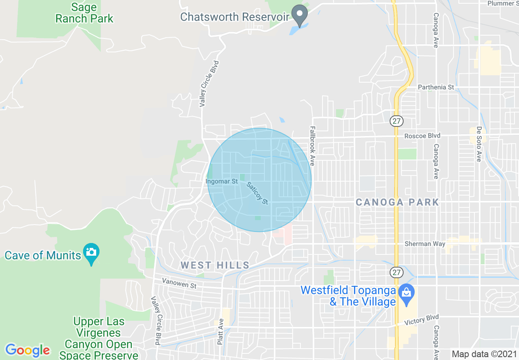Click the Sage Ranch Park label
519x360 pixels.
click(84, 13)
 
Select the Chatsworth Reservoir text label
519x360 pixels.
click(235, 17)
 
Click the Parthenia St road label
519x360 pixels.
click(436, 87)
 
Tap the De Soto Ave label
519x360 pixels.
click(479, 144)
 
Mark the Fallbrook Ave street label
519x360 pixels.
click(313, 145)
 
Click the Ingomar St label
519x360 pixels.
click(221, 181)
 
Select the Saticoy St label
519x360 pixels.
click(257, 193)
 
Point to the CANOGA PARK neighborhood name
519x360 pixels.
click(397, 202)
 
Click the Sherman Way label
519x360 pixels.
click(424, 244)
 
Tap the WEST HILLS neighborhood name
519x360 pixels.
click(215, 265)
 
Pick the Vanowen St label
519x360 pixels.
click(179, 283)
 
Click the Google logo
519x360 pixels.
click(28, 350)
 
